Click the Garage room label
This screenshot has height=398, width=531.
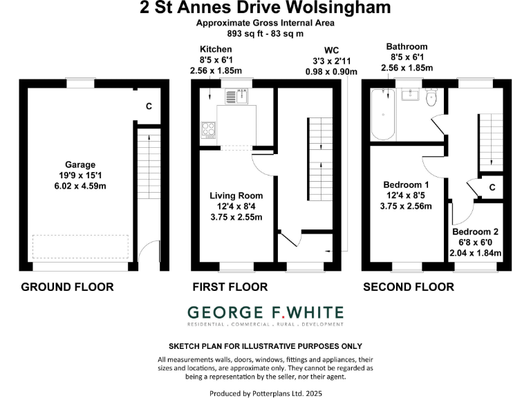[80, 164]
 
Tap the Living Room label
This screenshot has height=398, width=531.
[236, 196]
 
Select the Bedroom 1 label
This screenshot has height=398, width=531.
[407, 184]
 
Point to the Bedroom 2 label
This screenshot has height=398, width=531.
[476, 232]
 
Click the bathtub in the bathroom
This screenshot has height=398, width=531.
[382, 114]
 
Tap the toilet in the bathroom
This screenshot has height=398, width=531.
[431, 98]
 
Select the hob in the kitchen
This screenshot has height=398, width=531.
[208, 128]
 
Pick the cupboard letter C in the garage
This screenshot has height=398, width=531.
[149, 106]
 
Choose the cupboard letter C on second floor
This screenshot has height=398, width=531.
[492, 187]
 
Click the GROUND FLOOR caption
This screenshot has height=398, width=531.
[67, 287]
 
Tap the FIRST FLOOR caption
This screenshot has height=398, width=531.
[230, 287]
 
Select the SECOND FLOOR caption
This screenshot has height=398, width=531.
[409, 287]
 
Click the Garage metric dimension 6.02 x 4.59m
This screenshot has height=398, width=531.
[80, 187]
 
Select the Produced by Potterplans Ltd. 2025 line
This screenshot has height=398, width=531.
[265, 393]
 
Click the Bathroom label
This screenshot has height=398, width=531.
[407, 46]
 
